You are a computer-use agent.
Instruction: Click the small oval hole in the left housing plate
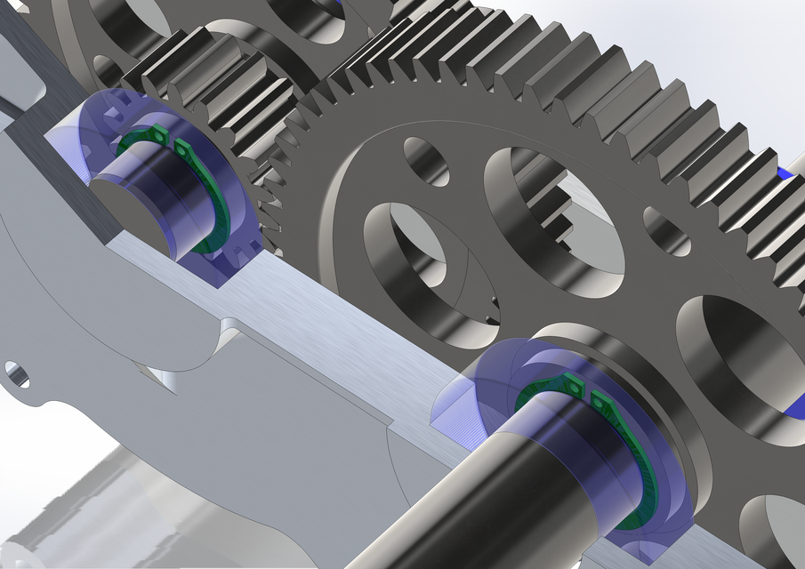pyautogui.click(x=17, y=374)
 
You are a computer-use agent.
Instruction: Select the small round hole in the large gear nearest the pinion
pyautogui.click(x=426, y=161)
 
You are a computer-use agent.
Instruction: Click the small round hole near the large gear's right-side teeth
pyautogui.click(x=666, y=232)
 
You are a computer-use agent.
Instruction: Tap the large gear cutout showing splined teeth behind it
pyautogui.click(x=551, y=222)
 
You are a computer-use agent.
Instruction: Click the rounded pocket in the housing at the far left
pyautogui.click(x=22, y=84)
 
